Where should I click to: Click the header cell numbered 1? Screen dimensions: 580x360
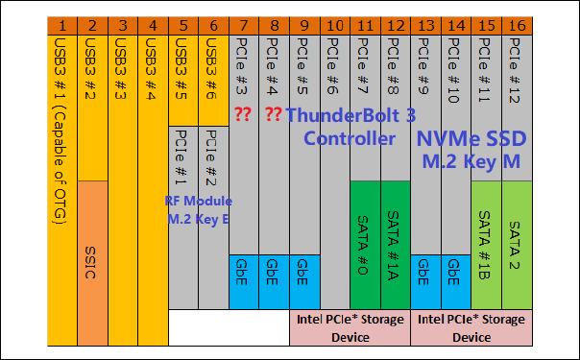(x=61, y=22)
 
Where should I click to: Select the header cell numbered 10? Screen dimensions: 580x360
(x=333, y=22)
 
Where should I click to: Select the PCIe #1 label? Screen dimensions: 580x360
(x=181, y=158)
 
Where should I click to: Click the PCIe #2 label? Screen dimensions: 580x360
(x=212, y=158)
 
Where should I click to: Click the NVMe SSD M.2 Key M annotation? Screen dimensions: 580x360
(x=470, y=150)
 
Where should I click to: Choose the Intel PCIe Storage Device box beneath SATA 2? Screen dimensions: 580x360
(x=470, y=327)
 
